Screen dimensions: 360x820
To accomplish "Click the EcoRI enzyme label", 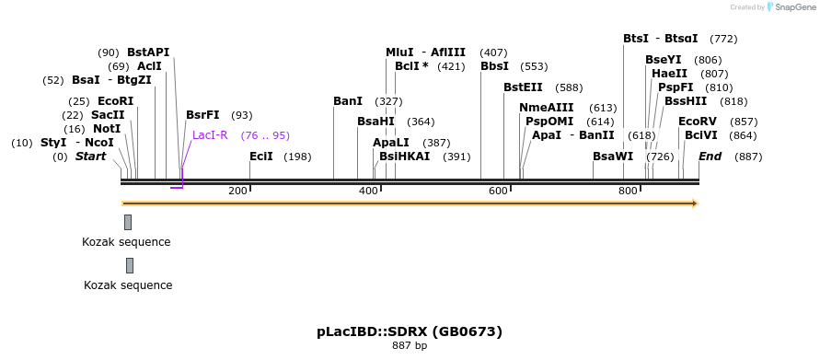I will point(115,101).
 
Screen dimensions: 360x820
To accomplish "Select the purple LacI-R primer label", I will point(210,135).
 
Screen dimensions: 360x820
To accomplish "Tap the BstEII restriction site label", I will point(523,87).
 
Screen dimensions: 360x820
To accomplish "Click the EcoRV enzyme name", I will point(697,122).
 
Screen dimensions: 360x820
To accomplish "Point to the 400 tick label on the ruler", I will point(368,191).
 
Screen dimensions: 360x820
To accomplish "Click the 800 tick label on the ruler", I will point(628,191).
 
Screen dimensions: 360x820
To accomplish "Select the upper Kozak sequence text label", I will point(126,242).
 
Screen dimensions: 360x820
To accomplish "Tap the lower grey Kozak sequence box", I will point(130,266).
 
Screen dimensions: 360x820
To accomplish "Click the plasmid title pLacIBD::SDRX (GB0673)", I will point(410,331).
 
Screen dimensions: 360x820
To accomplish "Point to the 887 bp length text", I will point(410,346).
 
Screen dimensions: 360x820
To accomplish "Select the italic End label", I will point(710,157).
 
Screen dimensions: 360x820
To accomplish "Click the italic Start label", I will point(90,157).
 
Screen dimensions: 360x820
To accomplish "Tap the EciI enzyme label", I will point(261,157).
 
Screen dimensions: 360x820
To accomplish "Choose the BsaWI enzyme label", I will point(613,157).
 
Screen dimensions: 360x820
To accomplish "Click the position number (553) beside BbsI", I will point(534,66).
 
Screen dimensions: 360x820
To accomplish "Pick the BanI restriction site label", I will point(348,101).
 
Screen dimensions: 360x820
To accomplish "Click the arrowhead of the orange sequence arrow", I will point(695,203).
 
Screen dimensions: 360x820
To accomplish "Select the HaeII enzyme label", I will point(669,74).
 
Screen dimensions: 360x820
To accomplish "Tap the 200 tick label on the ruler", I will point(237,191).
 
